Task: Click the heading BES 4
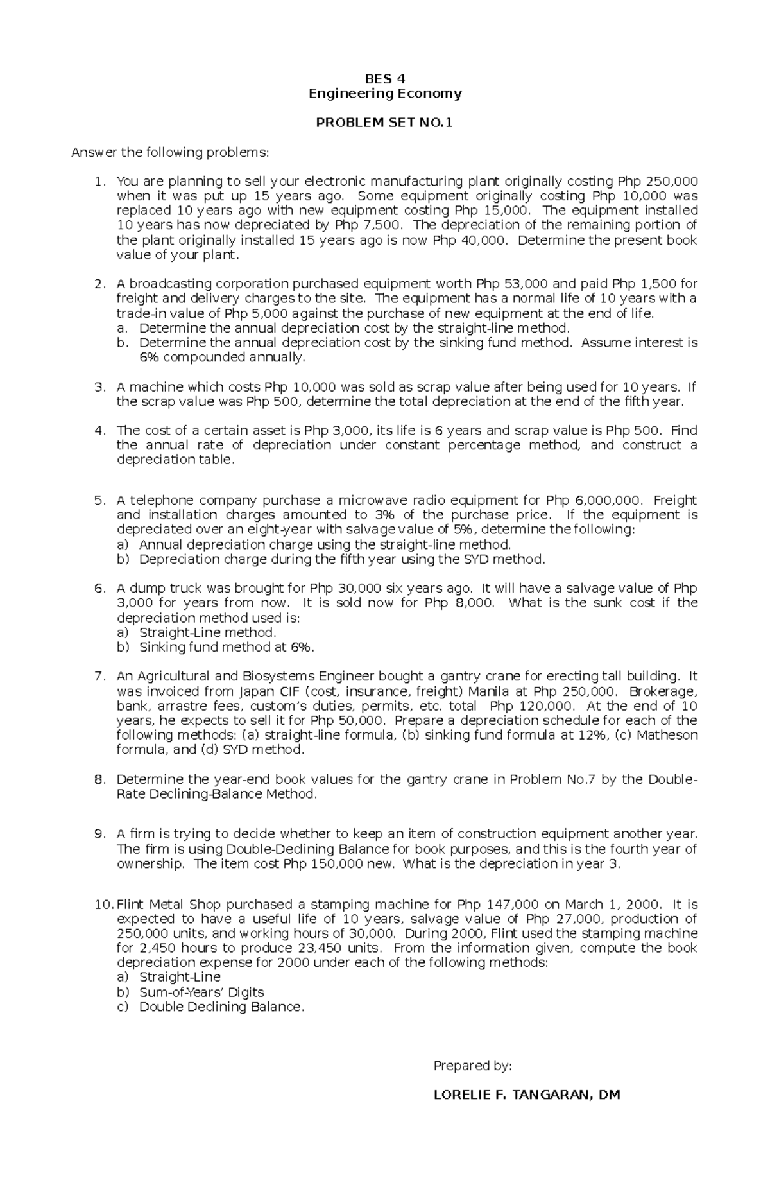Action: coord(385,79)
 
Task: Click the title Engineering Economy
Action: coord(385,94)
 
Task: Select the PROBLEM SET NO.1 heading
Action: coord(384,123)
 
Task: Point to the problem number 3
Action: coord(99,387)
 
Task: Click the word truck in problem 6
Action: coord(175,588)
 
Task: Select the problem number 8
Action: coord(99,779)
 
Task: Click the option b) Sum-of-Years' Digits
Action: coord(191,992)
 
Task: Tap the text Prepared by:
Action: coord(473,1066)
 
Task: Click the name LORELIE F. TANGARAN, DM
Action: coord(527,1095)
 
